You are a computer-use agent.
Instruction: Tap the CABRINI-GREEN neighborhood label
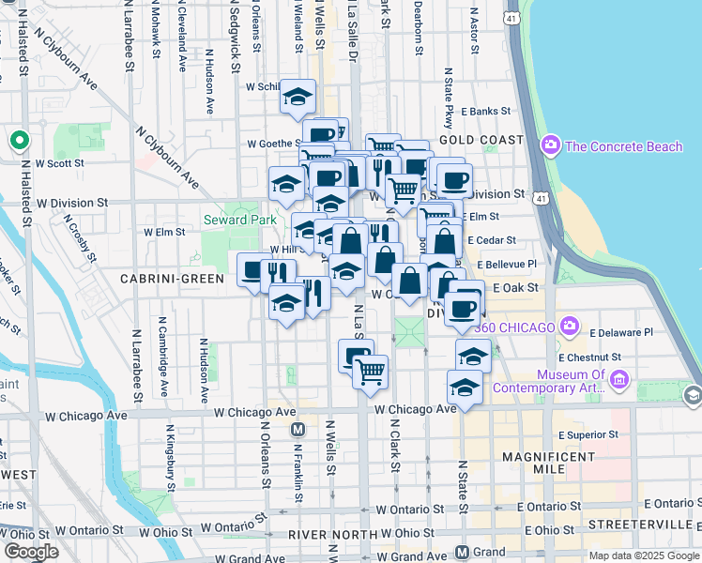[x=172, y=279]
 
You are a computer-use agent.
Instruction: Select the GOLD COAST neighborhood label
[x=480, y=139]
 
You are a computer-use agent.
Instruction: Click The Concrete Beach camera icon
[x=550, y=145]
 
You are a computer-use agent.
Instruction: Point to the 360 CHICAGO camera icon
[x=569, y=326]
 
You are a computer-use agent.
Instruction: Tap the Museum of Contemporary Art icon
[x=618, y=380]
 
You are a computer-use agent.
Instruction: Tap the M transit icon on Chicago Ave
[x=298, y=430]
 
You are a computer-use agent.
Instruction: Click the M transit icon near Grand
[x=462, y=552]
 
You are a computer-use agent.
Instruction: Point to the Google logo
[x=31, y=551]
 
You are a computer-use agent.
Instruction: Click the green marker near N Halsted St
[x=18, y=141]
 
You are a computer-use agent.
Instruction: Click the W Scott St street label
[x=59, y=162]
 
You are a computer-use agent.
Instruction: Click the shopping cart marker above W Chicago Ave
[x=371, y=369]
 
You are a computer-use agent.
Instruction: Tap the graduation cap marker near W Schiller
[x=298, y=96]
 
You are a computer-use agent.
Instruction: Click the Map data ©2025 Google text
[x=643, y=555]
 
